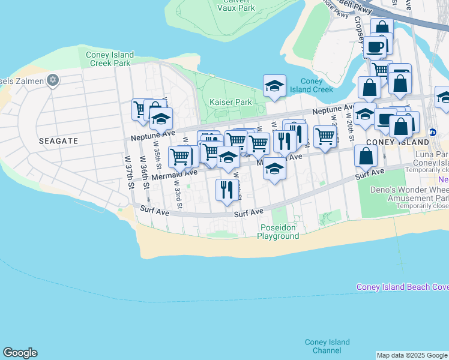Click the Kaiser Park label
point(231,103)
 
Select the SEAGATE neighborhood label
point(58,140)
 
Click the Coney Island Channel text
point(327,346)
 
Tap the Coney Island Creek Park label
point(108,59)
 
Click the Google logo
point(20,353)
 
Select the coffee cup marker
point(376,46)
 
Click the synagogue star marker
point(52,79)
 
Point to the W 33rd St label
point(178,194)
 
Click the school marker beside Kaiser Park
point(274,86)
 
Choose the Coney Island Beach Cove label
point(402,287)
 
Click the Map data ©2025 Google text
point(412,355)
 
